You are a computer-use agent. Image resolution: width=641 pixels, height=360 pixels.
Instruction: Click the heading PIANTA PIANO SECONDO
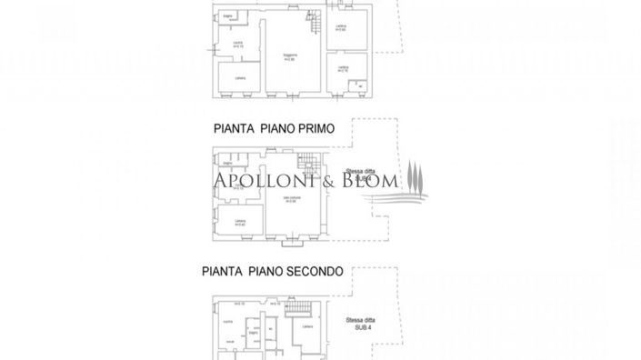click(x=272, y=271)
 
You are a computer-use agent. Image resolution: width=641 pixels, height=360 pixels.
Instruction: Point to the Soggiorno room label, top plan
click(x=291, y=57)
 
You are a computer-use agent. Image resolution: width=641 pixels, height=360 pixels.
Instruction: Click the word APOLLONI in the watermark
click(x=263, y=181)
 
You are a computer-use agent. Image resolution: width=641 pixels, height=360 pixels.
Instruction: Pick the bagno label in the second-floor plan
click(x=254, y=333)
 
